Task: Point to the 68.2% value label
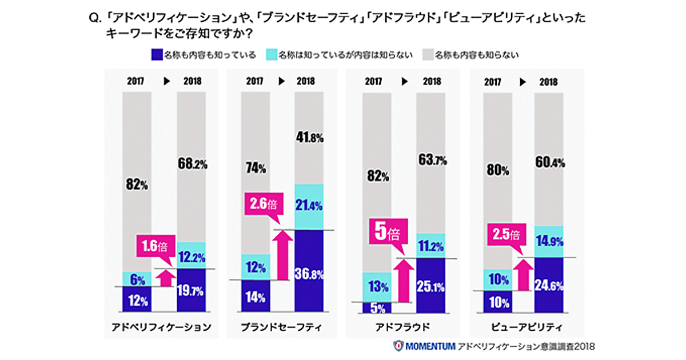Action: (x=192, y=165)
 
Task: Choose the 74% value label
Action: (x=256, y=169)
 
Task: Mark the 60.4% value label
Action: (x=549, y=163)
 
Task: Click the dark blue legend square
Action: (x=156, y=55)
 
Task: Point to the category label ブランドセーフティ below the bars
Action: (x=281, y=327)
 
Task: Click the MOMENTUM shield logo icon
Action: (x=398, y=346)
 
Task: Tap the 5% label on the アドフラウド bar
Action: (x=377, y=308)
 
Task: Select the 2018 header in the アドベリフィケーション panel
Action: (x=192, y=81)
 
